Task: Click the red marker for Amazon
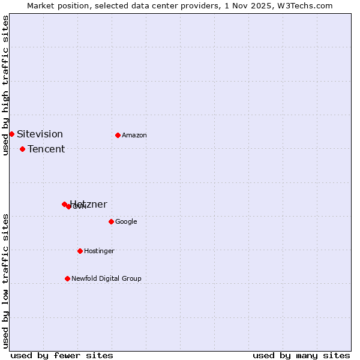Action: tap(118, 135)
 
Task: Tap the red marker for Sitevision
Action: tap(11, 134)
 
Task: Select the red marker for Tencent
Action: tap(22, 149)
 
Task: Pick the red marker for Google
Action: tap(111, 221)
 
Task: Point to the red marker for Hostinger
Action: tap(80, 251)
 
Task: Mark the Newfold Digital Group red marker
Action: tap(67, 278)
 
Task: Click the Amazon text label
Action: tap(134, 135)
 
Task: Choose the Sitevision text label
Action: tap(40, 134)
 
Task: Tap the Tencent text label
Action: tap(46, 149)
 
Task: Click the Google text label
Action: tap(126, 221)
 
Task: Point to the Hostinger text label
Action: tap(99, 251)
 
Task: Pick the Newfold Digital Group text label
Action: tap(106, 278)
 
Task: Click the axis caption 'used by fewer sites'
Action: tap(62, 355)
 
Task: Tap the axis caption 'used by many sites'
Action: tap(301, 355)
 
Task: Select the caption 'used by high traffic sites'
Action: tap(5, 85)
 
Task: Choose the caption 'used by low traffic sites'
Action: tap(5, 280)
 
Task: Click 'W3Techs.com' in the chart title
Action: tap(308, 5)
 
